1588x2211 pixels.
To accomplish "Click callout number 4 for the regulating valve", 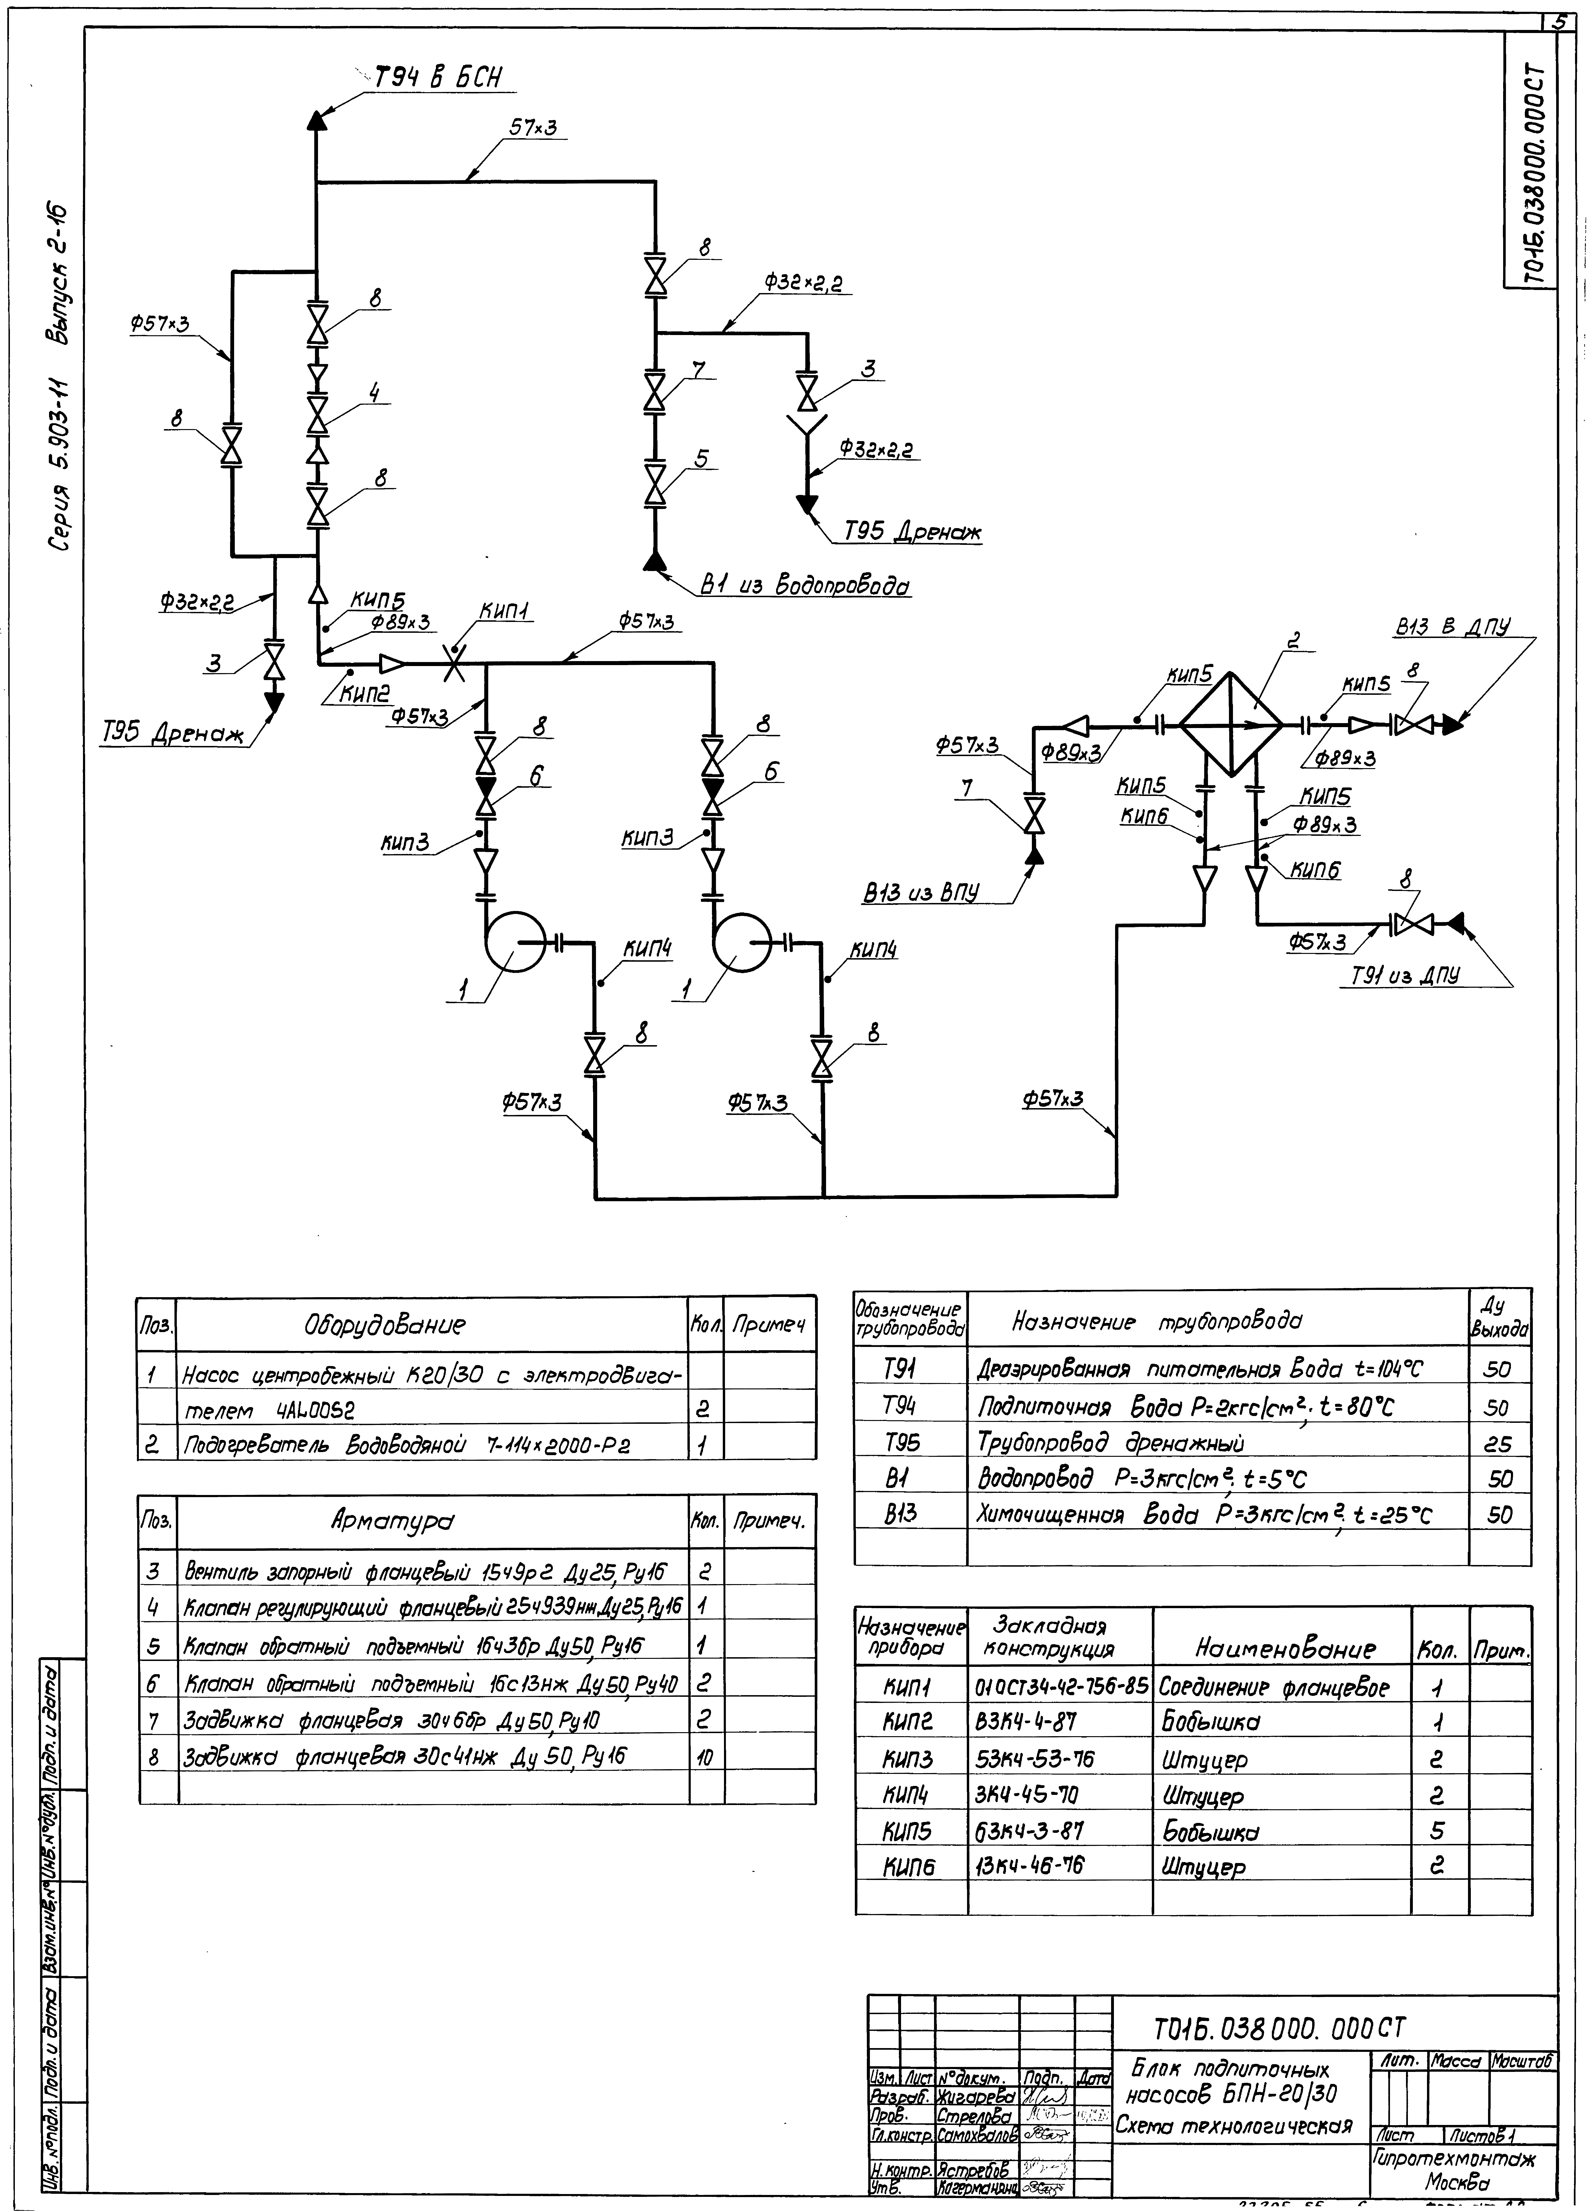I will (373, 392).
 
